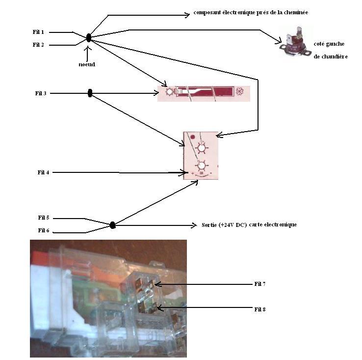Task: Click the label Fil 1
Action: tap(38, 32)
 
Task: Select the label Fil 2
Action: tap(38, 45)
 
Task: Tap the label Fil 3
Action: tap(41, 93)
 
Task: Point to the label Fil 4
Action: tap(43, 172)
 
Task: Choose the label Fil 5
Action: tap(44, 218)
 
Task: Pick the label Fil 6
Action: tap(44, 230)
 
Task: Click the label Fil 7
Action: tap(260, 284)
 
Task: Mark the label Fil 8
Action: tap(260, 309)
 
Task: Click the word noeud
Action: tap(87, 64)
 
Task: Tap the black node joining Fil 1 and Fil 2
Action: tap(89, 38)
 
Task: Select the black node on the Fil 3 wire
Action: tap(90, 93)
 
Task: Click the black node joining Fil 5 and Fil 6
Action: tap(112, 225)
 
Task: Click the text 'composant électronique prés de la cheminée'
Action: tap(243, 13)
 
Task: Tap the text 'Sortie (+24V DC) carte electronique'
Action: tap(249, 225)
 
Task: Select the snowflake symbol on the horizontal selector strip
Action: tap(241, 92)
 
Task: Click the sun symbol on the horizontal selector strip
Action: tap(169, 91)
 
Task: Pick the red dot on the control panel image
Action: tap(192, 137)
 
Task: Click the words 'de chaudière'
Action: tap(331, 56)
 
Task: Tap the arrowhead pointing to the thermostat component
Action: tap(277, 43)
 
